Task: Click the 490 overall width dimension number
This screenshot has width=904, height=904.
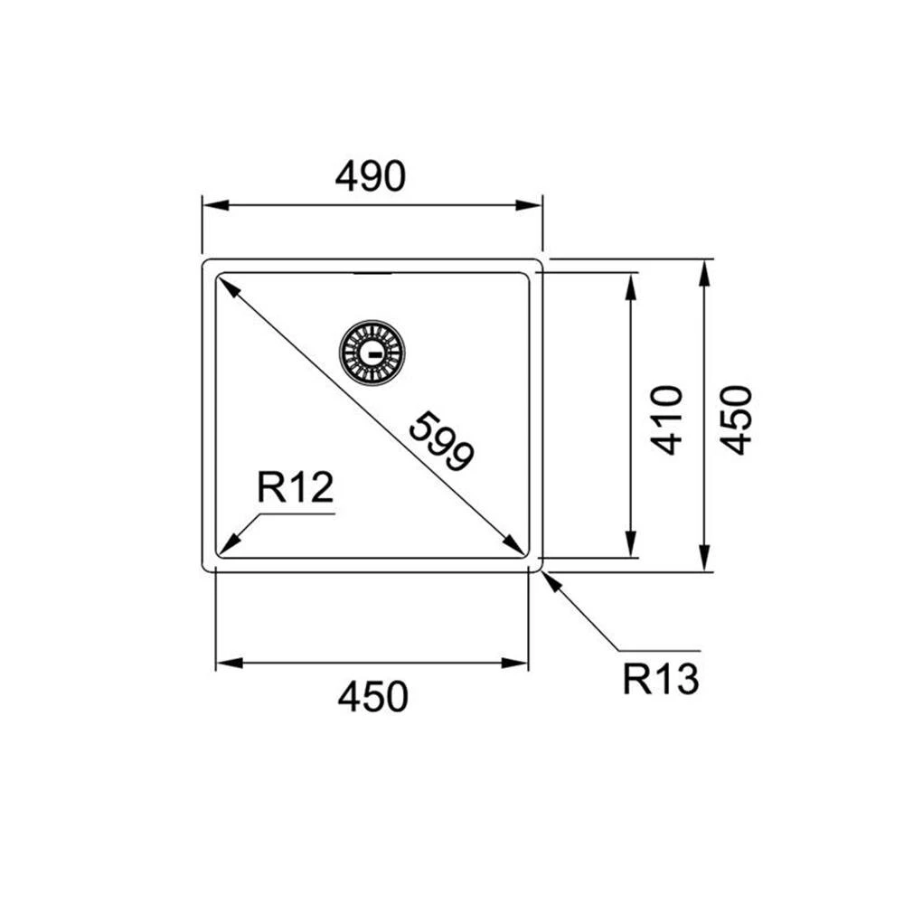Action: [371, 177]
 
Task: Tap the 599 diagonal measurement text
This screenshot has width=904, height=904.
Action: [440, 441]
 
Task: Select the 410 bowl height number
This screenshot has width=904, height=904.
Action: [666, 419]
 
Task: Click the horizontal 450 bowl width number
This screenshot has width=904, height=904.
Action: [372, 697]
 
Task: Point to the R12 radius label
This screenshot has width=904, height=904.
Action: [295, 489]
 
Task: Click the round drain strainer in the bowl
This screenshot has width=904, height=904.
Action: [372, 351]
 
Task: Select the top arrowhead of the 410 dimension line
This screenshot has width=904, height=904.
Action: [630, 284]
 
